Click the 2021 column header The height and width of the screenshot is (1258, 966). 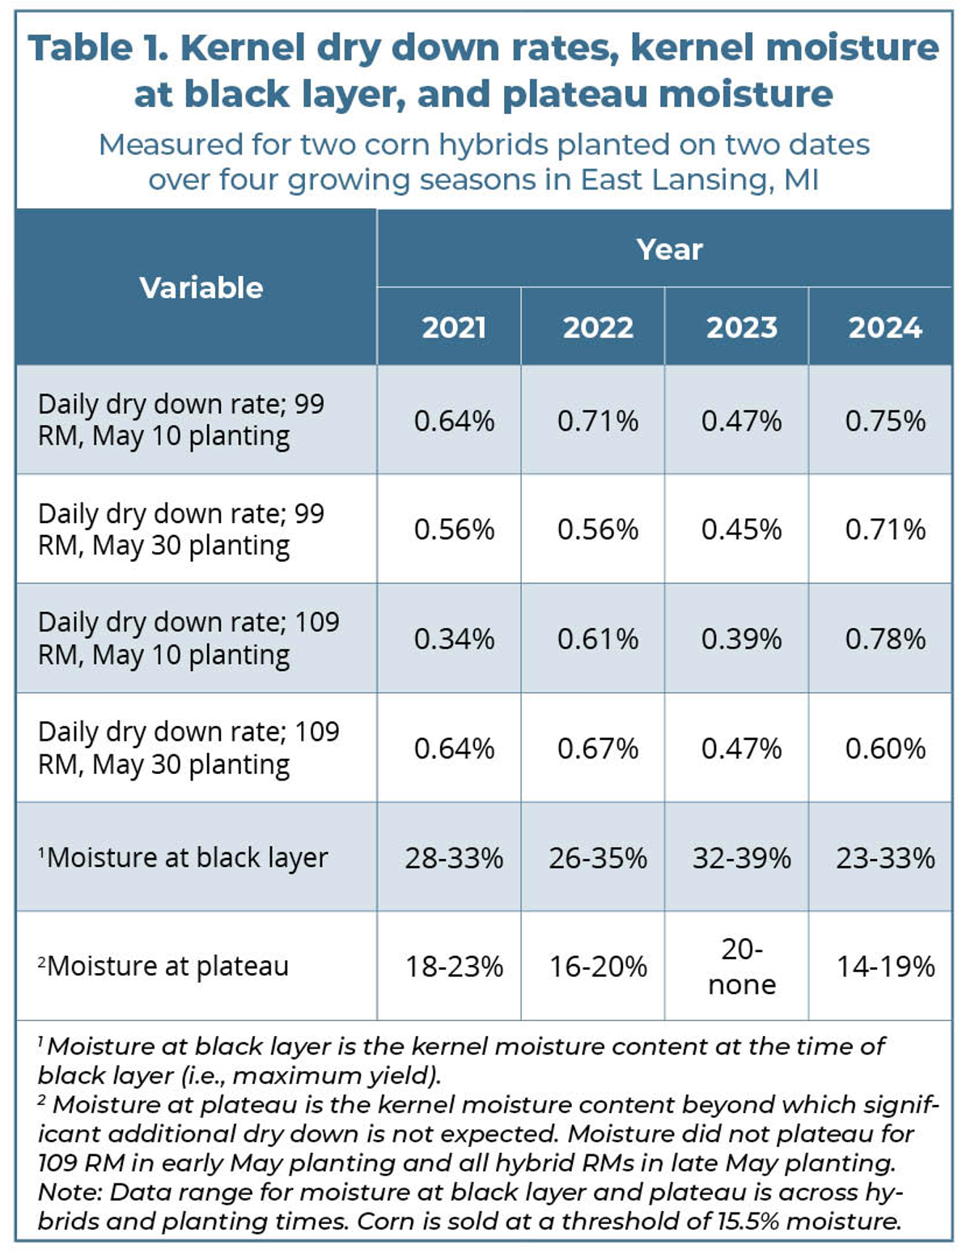coord(454,328)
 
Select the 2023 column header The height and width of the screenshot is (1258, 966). coord(741,328)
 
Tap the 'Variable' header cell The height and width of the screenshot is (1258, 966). coord(201,287)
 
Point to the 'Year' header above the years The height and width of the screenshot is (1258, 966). coord(669,249)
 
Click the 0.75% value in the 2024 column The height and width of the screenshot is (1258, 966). coord(885,421)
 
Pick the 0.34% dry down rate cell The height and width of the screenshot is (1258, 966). coord(454,639)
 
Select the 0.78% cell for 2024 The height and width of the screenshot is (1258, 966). coord(885,639)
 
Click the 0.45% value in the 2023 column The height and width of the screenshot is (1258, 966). coord(741,529)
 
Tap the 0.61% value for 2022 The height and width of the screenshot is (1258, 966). coord(598,639)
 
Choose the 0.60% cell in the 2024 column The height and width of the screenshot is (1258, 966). coord(885,748)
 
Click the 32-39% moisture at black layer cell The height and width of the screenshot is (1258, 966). coord(741,857)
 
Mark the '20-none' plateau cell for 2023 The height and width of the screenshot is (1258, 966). coord(741,967)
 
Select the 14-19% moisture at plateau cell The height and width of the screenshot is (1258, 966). coord(885,967)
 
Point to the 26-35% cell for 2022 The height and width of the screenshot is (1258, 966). coord(598,857)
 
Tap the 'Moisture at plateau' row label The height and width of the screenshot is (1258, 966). coord(167,967)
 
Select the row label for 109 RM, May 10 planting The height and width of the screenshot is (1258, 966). coord(188,639)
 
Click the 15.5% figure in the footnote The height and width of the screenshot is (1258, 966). coord(747,1221)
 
